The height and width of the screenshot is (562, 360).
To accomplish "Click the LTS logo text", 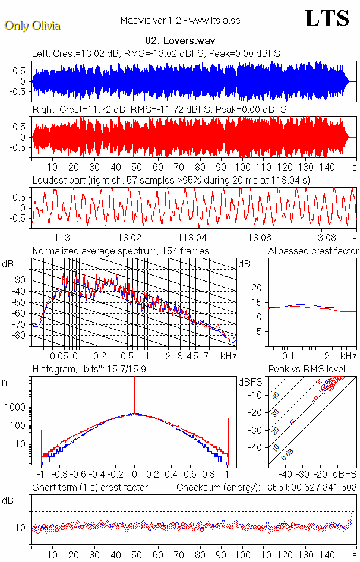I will (326, 18).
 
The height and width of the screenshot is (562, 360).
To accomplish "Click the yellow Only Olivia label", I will (32, 26).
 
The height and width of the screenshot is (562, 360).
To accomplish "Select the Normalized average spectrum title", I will (121, 251).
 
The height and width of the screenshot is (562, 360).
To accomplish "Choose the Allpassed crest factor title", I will (313, 251).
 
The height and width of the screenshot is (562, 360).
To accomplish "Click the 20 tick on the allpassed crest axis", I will (257, 288).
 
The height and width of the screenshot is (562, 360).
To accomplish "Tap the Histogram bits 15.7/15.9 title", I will (91, 369).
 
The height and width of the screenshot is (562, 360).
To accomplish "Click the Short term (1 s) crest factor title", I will (90, 487).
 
